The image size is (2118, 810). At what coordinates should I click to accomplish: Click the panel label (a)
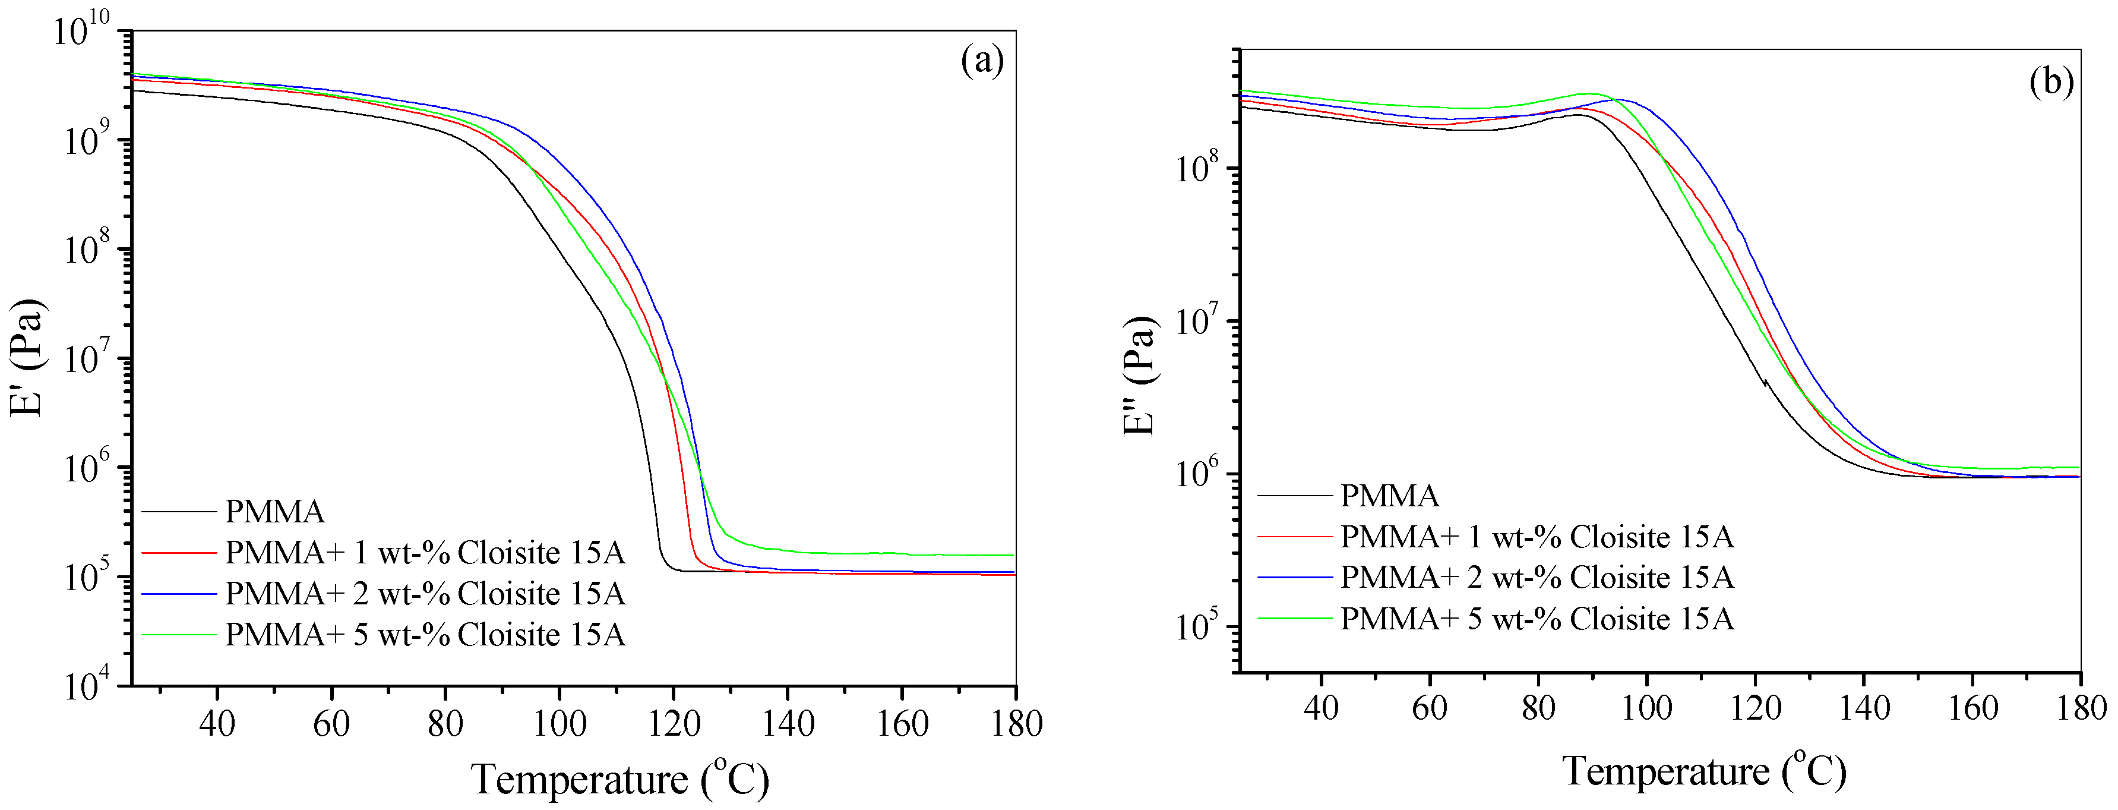click(982, 62)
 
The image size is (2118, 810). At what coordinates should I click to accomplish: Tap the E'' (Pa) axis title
click(1141, 376)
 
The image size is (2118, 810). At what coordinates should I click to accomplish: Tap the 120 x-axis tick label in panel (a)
click(674, 724)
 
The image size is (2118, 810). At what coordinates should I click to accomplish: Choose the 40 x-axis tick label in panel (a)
click(217, 724)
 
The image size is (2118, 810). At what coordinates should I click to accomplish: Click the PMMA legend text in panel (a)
click(274, 512)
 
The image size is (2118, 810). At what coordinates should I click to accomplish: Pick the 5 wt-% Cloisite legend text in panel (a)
click(425, 634)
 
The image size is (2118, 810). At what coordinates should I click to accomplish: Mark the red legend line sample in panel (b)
click(1294, 536)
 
